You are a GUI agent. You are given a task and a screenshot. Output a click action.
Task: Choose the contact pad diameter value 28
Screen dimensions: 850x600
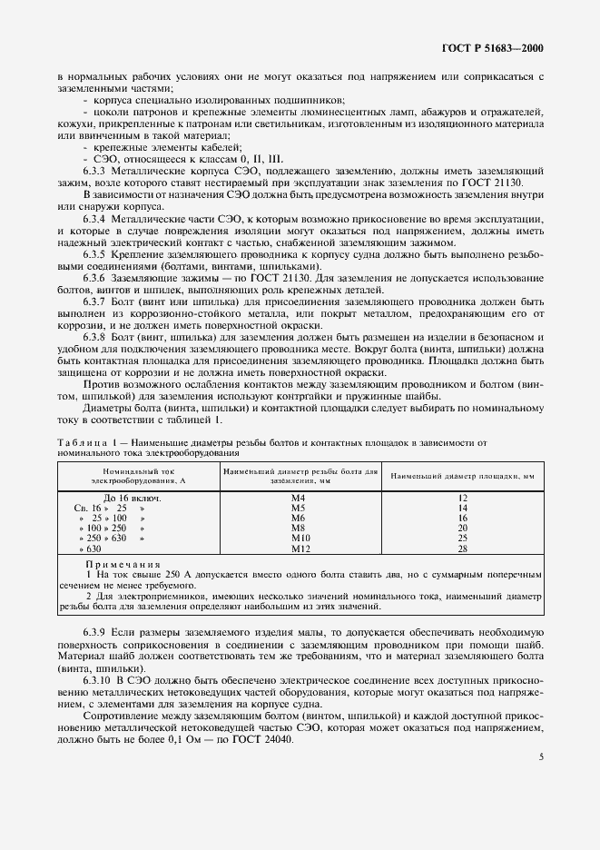462,549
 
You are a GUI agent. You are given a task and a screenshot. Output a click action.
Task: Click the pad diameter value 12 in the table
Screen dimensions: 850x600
462,499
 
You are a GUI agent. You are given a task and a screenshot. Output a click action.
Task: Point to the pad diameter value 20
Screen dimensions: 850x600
462,529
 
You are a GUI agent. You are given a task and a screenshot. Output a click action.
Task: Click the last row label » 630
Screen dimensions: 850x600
90,549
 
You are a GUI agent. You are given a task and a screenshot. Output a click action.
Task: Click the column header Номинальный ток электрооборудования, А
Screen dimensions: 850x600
137,476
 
